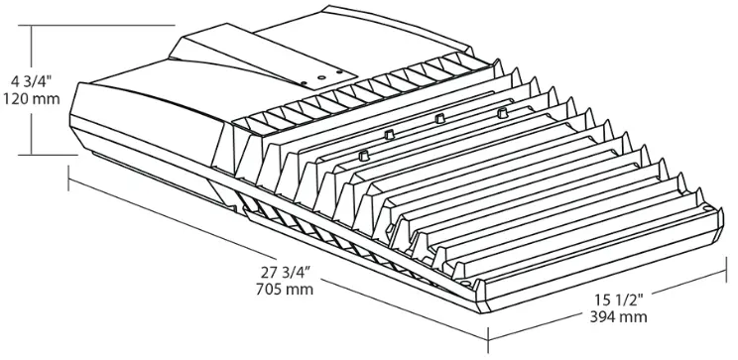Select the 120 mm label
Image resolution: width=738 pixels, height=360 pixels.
click(28, 99)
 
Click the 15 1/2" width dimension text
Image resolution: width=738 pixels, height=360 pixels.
click(621, 299)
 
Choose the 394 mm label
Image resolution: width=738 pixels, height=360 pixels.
click(619, 317)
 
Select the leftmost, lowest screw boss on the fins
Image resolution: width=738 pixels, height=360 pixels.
click(363, 154)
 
